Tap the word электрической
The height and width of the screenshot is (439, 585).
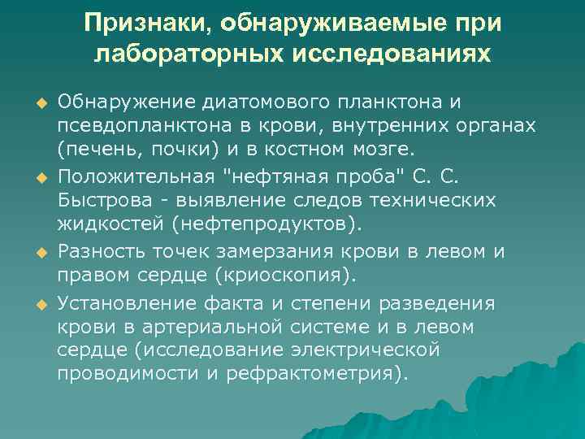[x=362, y=350]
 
